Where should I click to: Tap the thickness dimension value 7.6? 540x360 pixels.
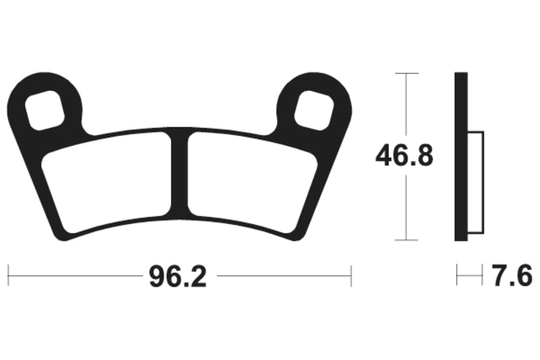512,276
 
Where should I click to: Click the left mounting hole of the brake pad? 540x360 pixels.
45,108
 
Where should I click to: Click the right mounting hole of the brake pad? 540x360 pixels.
315,108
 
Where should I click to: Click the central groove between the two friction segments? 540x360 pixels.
180,172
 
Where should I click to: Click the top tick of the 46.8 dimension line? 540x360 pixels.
405,73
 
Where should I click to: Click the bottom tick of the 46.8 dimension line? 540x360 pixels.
405,240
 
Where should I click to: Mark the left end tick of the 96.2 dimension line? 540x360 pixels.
8,276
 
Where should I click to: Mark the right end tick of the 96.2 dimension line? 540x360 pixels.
351,276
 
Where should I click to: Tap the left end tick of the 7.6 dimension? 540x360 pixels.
457,276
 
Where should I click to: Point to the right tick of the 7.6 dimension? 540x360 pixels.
483,276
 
